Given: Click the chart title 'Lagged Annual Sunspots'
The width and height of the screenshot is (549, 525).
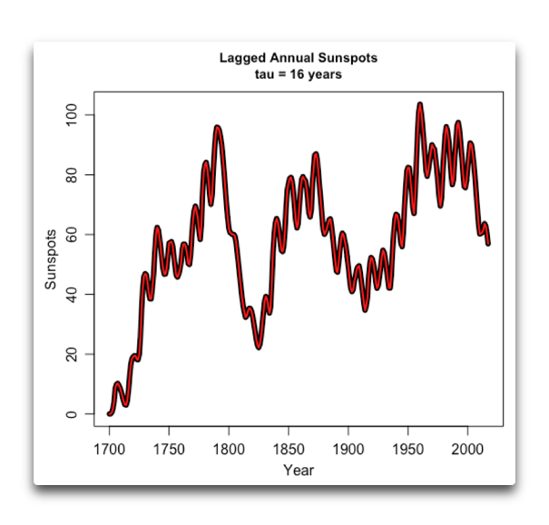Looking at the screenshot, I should (x=298, y=58).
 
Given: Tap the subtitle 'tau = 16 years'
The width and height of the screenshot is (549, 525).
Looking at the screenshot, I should (x=298, y=74).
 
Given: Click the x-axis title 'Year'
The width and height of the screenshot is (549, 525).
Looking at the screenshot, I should (x=298, y=470).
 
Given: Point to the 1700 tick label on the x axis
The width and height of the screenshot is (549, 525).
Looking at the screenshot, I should (x=109, y=450).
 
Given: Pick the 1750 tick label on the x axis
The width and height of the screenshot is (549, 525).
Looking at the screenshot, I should (x=169, y=450).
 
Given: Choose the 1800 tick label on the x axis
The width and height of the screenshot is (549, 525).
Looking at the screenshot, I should (x=229, y=450).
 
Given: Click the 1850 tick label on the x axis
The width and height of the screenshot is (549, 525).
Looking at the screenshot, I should (x=288, y=450).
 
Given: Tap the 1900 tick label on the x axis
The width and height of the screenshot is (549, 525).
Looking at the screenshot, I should (x=348, y=450).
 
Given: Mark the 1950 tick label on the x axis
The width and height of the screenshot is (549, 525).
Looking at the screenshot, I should (x=407, y=450).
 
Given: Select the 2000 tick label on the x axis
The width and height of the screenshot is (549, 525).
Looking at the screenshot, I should (x=467, y=450).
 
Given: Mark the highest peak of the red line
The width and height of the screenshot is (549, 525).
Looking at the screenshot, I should (x=420, y=104).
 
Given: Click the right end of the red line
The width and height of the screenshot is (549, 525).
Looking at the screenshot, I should (x=488, y=243).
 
